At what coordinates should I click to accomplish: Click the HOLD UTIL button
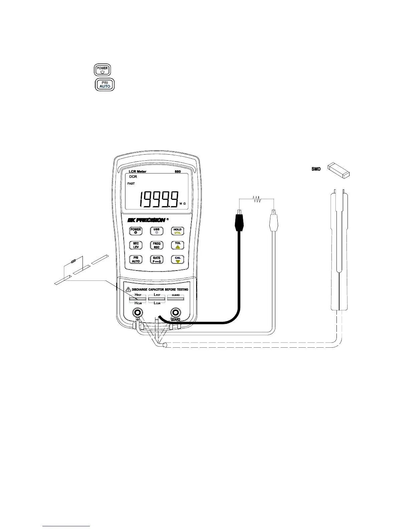click(x=177, y=231)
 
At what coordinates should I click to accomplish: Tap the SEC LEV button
click(x=136, y=245)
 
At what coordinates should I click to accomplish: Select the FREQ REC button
click(x=156, y=245)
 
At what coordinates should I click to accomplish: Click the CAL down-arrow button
click(x=177, y=259)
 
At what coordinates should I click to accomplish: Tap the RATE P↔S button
click(x=156, y=259)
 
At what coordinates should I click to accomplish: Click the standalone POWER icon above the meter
click(x=102, y=70)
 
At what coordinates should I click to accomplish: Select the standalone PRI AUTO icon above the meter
click(x=105, y=84)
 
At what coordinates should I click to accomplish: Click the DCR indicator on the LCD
click(x=133, y=177)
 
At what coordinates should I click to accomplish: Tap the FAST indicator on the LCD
click(x=131, y=184)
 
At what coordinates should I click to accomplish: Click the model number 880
click(x=178, y=172)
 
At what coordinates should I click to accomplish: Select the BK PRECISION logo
click(x=146, y=220)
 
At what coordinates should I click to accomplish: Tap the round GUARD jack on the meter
click(x=175, y=313)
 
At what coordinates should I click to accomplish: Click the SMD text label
click(x=316, y=169)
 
